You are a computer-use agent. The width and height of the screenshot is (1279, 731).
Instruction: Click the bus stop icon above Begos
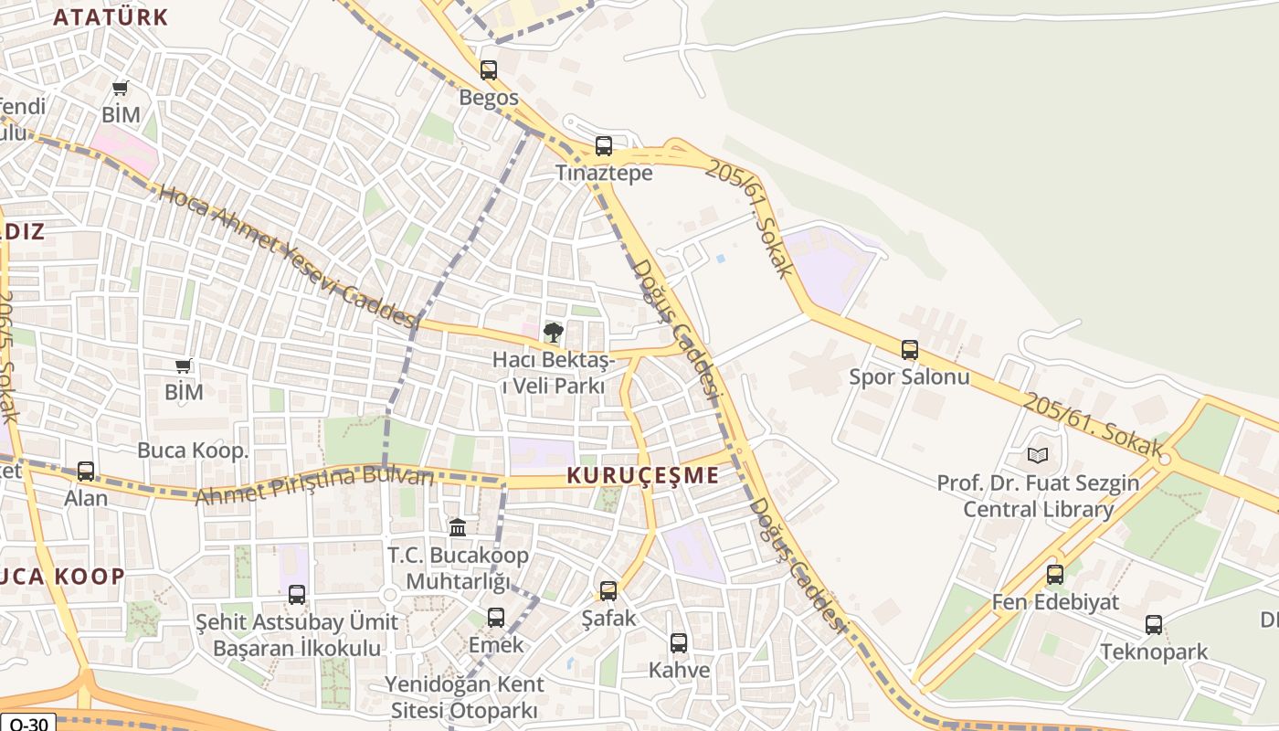coord(489,70)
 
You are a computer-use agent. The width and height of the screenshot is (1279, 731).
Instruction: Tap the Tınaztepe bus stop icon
coord(603,146)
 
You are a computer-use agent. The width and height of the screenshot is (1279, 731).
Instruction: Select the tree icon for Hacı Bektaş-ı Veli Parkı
coord(553,333)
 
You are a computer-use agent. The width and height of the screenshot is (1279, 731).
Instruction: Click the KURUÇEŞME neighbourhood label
coord(642,475)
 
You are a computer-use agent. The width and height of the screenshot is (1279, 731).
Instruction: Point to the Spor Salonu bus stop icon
coord(909,350)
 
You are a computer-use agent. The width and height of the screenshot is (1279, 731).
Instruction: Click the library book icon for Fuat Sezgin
coord(1037,455)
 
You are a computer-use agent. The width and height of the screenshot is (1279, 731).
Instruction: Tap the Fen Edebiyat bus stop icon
coord(1055,575)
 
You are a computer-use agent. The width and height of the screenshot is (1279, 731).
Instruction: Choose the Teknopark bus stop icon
coord(1154,625)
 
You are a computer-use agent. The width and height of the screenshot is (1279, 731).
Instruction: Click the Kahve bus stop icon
coord(678,643)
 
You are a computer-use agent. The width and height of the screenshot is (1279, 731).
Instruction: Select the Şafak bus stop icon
coord(608,591)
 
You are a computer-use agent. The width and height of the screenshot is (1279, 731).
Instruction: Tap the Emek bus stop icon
coord(496,618)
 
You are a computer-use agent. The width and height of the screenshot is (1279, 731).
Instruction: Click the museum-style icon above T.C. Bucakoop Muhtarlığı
coord(458,527)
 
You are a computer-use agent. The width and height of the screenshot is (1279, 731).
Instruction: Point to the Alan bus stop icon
coord(86,471)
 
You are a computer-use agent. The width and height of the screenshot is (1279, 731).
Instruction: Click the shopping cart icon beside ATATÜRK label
coord(121,89)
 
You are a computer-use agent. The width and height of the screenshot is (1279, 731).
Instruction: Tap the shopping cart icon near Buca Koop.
coord(184,366)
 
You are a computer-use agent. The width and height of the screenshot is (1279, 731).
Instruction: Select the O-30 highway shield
coord(27,723)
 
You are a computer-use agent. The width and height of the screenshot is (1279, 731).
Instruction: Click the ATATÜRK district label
coord(111,16)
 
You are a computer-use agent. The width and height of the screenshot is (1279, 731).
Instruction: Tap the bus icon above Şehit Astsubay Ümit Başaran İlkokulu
coord(297,595)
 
